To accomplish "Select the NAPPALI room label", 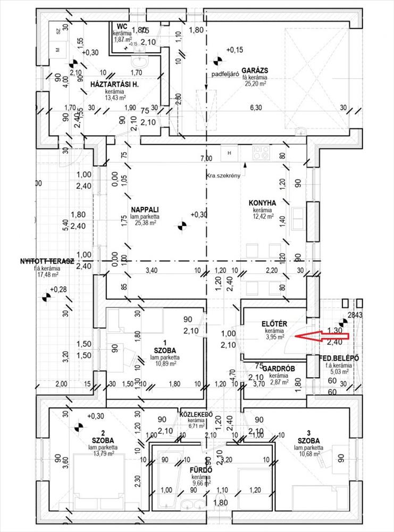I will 145,209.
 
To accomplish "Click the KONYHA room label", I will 262,203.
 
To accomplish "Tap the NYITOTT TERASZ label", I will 32,261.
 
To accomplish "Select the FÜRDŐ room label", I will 202,470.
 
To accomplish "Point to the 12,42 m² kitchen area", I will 263,217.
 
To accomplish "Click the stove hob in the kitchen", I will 261,153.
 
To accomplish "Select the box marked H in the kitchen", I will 230,153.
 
